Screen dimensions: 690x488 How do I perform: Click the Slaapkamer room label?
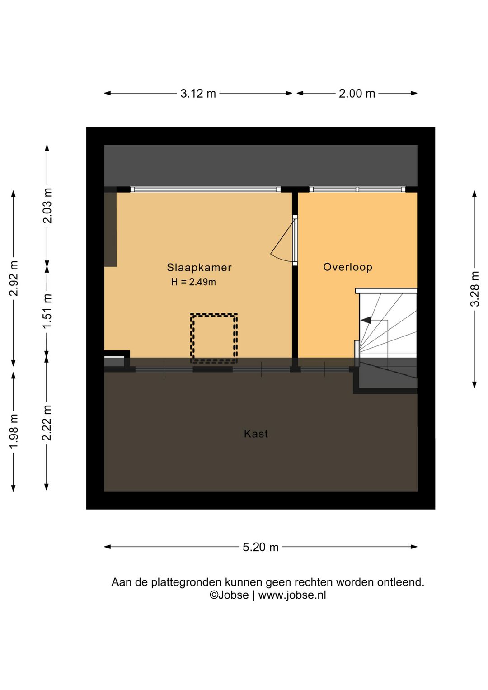(199, 267)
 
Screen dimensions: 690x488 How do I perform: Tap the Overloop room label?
(347, 267)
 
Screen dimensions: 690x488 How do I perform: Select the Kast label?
(256, 434)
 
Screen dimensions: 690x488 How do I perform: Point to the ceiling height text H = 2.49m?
(193, 282)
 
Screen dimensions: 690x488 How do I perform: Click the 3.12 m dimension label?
(198, 94)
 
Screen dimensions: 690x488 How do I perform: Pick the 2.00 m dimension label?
(357, 94)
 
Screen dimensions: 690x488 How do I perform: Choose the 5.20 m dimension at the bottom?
(261, 547)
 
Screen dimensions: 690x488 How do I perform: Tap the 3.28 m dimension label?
(475, 289)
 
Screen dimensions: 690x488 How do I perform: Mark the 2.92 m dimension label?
(14, 278)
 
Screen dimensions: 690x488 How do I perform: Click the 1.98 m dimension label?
(14, 431)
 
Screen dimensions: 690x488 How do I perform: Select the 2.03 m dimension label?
(47, 206)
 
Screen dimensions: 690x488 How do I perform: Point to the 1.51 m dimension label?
(47, 311)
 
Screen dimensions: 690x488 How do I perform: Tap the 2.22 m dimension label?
(47, 423)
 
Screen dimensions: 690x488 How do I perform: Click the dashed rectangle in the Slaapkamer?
(214, 338)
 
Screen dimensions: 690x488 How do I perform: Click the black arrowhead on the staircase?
(366, 320)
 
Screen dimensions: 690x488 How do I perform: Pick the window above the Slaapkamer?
(206, 189)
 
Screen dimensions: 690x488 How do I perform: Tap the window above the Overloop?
(357, 189)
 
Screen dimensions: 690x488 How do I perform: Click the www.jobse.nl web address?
(292, 595)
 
